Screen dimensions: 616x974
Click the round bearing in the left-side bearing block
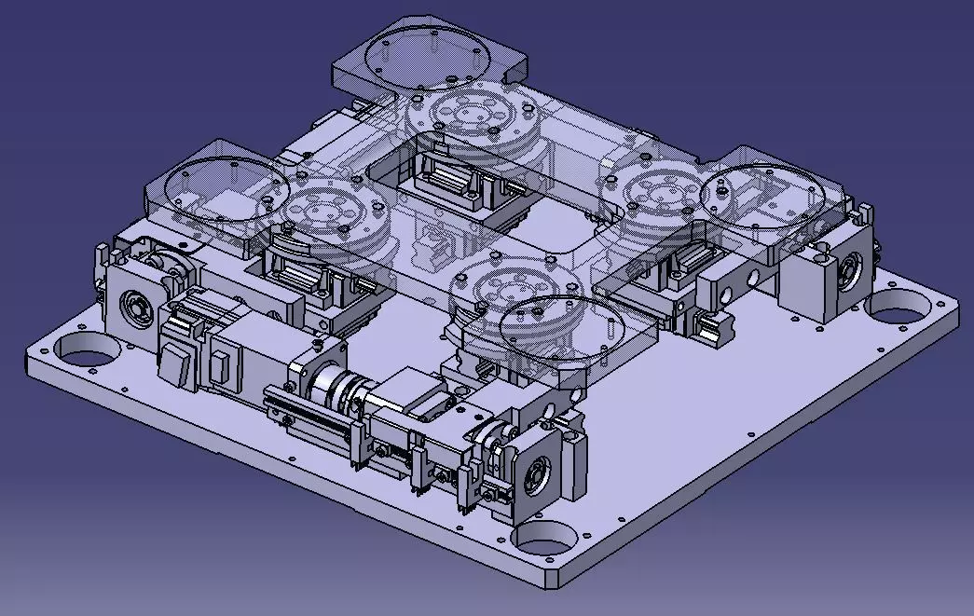pyautogui.click(x=136, y=306)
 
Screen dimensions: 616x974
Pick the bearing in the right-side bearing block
pyautogui.click(x=850, y=274)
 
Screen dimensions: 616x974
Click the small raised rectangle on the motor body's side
pyautogui.click(x=220, y=370)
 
